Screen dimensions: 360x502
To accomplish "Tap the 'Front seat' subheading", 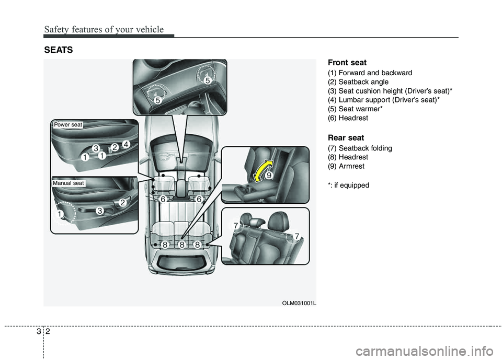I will [x=347, y=63].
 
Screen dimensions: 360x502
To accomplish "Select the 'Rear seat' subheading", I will [x=346, y=138].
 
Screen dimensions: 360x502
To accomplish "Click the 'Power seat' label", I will [x=68, y=124].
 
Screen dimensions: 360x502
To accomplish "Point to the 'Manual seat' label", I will [x=69, y=183].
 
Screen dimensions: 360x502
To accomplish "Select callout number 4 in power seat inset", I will [x=126, y=143].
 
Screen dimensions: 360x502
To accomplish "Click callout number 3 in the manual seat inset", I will [x=99, y=210].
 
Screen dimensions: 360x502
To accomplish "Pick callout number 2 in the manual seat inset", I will [x=122, y=202].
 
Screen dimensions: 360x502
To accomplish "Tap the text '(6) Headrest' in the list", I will [x=348, y=118].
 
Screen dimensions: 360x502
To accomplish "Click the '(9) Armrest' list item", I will [x=346, y=166].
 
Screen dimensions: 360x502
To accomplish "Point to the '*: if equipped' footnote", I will [x=348, y=185].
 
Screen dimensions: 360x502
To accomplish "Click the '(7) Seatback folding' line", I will [x=360, y=148].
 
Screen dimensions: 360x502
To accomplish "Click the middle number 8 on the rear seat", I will [x=181, y=245].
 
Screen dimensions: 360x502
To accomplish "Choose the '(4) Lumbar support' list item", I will [x=384, y=100].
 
